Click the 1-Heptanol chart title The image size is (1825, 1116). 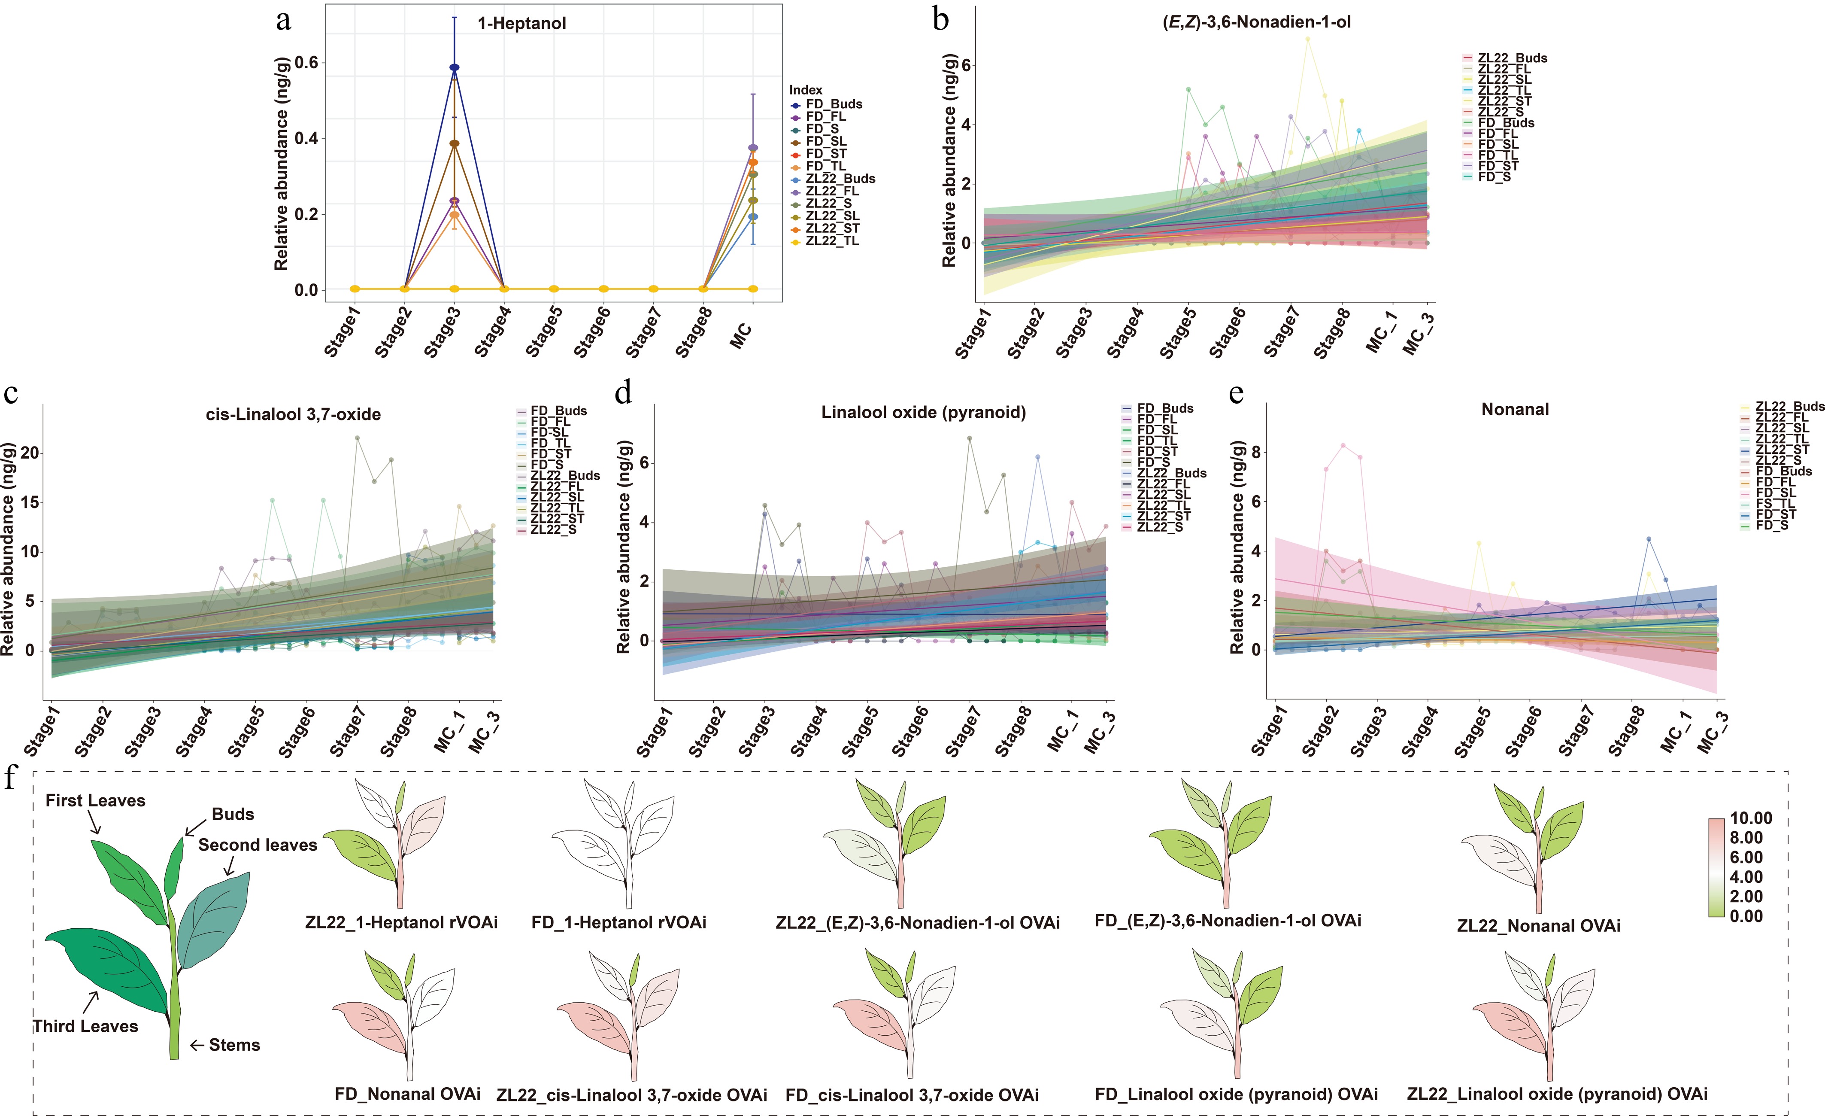521,23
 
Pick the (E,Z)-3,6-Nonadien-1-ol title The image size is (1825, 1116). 1256,22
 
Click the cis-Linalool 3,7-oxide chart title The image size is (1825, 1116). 293,414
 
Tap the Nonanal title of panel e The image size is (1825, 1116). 1515,409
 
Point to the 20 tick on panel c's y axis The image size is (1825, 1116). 30,453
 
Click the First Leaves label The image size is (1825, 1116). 96,800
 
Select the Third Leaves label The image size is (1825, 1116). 85,1026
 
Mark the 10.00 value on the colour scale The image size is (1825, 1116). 1751,818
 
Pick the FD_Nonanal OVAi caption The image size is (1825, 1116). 407,1094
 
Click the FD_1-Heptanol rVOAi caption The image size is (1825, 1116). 618,923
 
